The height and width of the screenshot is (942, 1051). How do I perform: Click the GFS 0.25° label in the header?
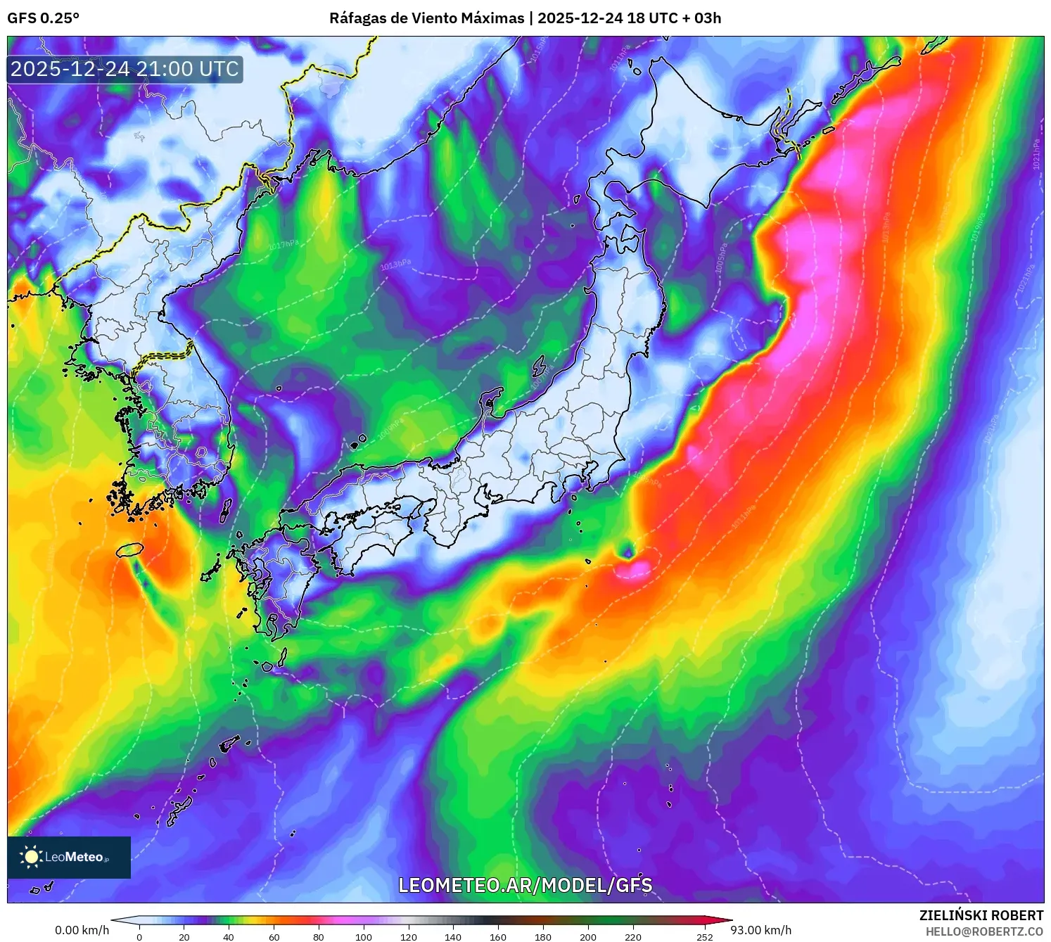click(43, 18)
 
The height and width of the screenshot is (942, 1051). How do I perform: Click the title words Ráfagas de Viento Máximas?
click(426, 18)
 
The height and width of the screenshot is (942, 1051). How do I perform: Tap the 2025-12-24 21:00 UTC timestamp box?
click(125, 69)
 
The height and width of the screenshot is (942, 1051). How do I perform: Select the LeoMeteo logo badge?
click(69, 857)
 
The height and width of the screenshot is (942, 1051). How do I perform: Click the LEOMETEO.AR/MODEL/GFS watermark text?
click(525, 885)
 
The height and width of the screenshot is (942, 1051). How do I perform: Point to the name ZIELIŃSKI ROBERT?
click(981, 915)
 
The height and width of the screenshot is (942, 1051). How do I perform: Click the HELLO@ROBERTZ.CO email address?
click(983, 931)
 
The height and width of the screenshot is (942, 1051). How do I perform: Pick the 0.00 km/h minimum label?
click(82, 930)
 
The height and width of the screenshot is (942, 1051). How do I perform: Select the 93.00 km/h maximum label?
click(760, 930)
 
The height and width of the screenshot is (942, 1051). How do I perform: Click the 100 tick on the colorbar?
click(363, 936)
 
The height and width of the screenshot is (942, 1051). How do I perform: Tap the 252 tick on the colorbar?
click(704, 936)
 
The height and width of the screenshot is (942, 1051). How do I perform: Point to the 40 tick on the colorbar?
click(229, 936)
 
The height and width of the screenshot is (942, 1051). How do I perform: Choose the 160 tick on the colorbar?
click(497, 936)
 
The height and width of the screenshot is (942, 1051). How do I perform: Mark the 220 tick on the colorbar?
click(632, 936)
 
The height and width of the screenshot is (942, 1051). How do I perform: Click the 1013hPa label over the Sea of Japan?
click(395, 265)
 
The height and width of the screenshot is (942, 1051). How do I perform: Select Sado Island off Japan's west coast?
click(539, 366)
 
